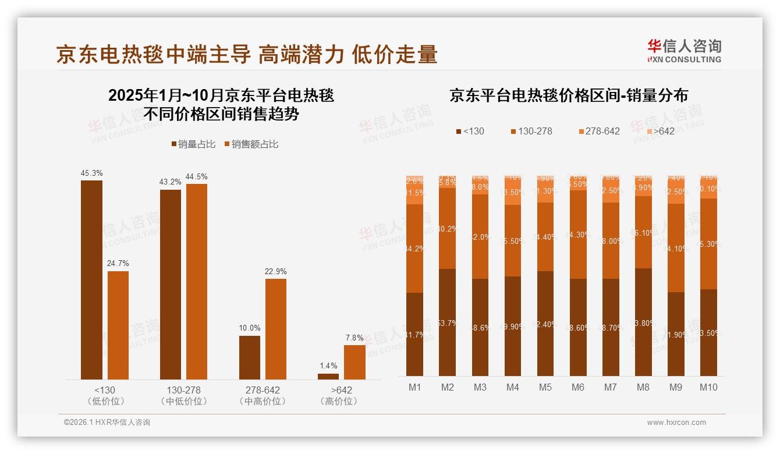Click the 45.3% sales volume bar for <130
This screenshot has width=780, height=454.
[91, 279]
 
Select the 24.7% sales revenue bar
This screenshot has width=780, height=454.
[118, 325]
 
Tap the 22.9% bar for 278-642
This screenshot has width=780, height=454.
[276, 329]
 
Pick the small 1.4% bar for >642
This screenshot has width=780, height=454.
[328, 377]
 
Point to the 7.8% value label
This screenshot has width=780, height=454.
[354, 338]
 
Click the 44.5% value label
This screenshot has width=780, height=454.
[196, 176]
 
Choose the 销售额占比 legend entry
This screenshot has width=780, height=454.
[251, 144]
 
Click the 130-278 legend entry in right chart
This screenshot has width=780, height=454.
[531, 131]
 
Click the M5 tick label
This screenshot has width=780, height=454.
[545, 387]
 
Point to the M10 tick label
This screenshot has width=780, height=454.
[708, 387]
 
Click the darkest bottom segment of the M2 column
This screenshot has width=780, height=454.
[448, 322]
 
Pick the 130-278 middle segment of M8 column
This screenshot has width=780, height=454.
[643, 232]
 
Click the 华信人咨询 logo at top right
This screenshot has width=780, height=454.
[684, 50]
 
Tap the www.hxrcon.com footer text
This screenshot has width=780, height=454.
[676, 423]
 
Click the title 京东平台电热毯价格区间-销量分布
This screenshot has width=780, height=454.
[568, 95]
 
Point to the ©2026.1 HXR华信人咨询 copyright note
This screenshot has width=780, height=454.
[107, 423]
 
